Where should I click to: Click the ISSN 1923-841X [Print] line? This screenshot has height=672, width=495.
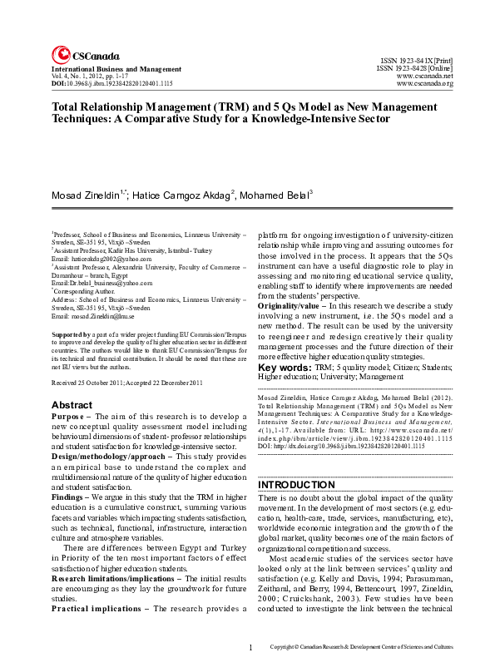pos(417,62)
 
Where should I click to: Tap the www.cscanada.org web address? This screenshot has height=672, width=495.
pos(424,84)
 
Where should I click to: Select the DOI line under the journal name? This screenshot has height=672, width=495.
pos(112,84)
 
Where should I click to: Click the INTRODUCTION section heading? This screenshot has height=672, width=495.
pos(296,484)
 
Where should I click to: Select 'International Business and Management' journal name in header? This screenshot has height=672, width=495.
pos(116,68)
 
